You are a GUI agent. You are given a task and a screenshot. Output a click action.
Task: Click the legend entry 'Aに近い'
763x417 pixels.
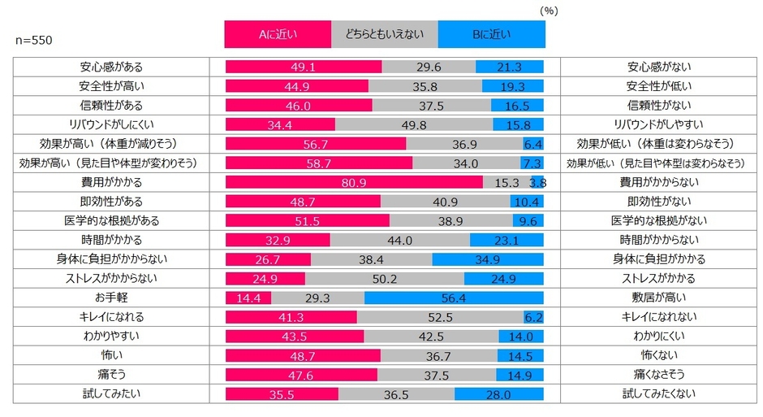[278, 34]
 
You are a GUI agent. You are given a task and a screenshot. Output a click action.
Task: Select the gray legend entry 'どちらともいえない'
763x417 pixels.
[385, 34]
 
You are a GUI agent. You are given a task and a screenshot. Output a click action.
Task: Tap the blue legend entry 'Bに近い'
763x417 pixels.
[491, 34]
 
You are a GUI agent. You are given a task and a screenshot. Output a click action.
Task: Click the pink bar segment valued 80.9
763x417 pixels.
[353, 183]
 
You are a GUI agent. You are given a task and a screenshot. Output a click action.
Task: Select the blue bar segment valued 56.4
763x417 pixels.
[454, 298]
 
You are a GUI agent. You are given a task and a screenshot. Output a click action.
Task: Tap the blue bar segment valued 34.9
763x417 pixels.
[488, 259]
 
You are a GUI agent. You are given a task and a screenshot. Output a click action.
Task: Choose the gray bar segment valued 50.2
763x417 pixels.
[384, 279]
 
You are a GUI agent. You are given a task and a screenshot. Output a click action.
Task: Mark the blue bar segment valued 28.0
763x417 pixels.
[498, 394]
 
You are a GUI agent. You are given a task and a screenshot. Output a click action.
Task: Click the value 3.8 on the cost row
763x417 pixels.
[538, 184]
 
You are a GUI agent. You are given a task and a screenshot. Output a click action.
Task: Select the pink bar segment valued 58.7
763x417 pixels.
[318, 163]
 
